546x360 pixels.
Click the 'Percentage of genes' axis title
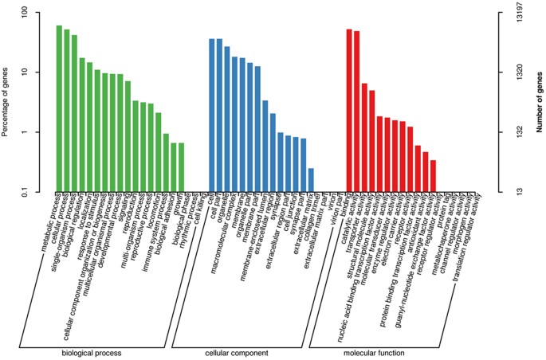(x=6, y=102)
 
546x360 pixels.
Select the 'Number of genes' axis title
(x=540, y=102)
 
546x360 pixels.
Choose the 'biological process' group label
(x=89, y=353)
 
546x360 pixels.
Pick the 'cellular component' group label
(x=238, y=353)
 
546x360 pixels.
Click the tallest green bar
(x=59, y=108)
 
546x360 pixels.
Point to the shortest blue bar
(x=311, y=180)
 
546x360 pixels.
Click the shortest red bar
(x=433, y=176)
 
